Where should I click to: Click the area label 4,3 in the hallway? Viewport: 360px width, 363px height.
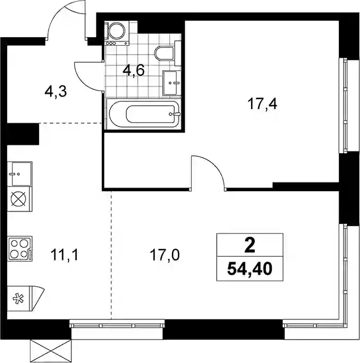click(56, 92)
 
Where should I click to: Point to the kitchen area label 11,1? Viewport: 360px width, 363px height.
click(65, 255)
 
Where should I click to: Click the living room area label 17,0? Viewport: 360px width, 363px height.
click(164, 255)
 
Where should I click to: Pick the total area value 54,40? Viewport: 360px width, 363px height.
click(249, 269)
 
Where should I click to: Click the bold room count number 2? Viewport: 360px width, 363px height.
click(250, 246)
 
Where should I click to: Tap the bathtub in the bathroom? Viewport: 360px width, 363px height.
click(145, 114)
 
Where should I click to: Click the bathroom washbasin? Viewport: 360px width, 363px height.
click(172, 83)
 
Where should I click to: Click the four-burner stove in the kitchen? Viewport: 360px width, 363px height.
click(20, 249)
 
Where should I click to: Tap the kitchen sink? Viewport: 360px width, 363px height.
click(20, 174)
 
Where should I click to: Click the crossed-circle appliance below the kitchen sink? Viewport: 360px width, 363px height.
click(19, 199)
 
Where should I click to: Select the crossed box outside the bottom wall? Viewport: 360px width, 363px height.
click(51, 351)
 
